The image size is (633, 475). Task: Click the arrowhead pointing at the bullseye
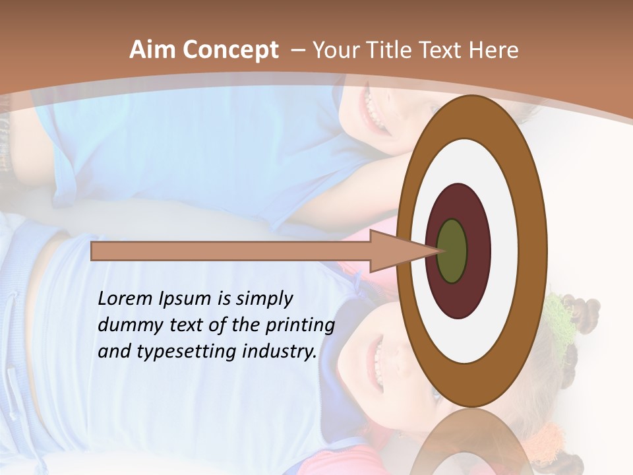point(396,251)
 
